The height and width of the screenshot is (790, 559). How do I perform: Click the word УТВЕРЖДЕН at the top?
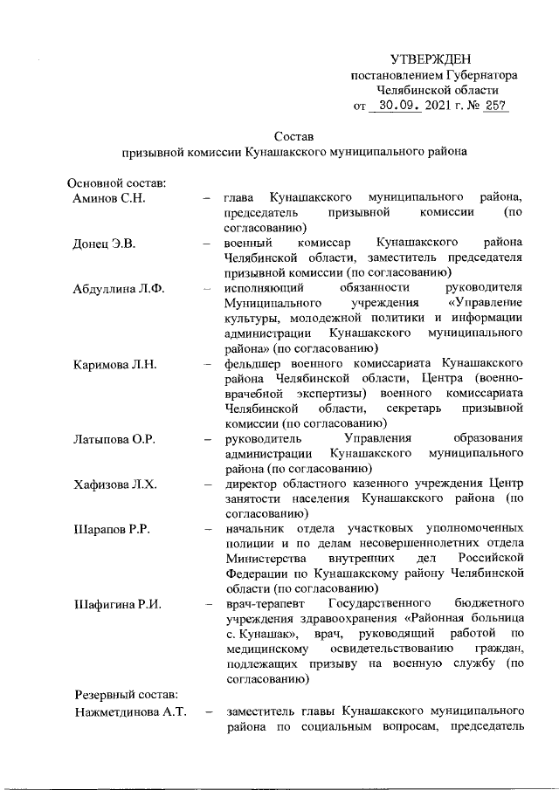tap(434, 59)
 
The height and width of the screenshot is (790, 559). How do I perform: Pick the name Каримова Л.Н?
tap(114, 364)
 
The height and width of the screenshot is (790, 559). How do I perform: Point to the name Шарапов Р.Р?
tap(110, 530)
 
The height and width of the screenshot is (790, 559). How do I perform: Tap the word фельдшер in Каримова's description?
tap(252, 364)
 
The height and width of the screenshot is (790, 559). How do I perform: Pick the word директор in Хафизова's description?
tap(251, 485)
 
